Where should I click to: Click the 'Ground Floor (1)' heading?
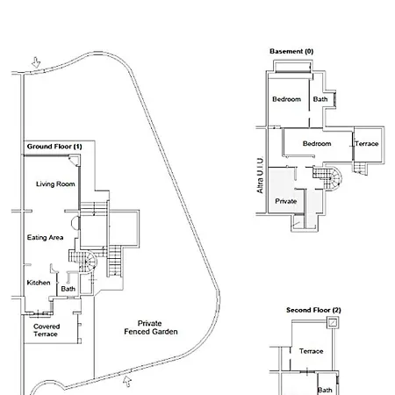click(54, 147)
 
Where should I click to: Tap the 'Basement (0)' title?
click(291, 52)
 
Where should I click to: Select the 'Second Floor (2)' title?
click(313, 310)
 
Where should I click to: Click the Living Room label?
click(55, 184)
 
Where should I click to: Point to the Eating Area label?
click(45, 237)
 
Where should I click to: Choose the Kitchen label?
click(39, 283)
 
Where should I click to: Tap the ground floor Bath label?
click(68, 289)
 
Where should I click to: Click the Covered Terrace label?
click(47, 330)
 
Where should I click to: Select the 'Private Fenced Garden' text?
click(151, 327)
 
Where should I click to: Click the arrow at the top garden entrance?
click(36, 62)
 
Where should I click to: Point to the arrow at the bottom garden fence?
click(127, 381)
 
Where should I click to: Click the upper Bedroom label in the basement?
click(286, 99)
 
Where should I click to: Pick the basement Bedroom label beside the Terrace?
click(317, 144)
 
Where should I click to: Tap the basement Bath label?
click(320, 99)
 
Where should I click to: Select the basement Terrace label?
click(367, 144)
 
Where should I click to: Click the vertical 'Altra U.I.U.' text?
click(260, 176)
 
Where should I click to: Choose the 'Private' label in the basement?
click(286, 201)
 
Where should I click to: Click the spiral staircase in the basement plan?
click(327, 176)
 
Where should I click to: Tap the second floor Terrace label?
click(311, 351)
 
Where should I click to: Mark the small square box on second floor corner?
click(333, 323)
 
